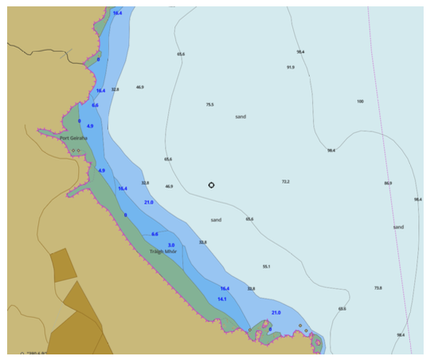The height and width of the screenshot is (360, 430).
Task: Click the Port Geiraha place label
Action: coord(73,137)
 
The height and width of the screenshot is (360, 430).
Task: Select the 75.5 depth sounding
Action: coord(209,104)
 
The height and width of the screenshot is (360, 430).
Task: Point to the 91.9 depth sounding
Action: coord(291,68)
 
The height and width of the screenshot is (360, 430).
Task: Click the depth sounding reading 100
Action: coord(360,101)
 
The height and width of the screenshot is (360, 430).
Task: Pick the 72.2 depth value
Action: coord(285,182)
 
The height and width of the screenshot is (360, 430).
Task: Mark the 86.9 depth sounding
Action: coord(388,183)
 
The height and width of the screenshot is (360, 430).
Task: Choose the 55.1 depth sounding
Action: coord(267,266)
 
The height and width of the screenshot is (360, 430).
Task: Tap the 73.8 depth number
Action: coord(377,288)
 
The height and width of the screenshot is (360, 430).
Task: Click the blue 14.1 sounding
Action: coord(222,299)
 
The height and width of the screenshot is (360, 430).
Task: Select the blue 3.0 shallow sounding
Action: coord(171,245)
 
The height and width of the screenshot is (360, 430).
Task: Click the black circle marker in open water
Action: coord(211,186)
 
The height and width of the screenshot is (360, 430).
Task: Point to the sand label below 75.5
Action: coord(240,116)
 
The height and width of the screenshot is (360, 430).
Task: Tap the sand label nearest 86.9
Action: coord(398,227)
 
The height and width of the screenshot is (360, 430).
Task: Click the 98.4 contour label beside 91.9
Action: coord(300,52)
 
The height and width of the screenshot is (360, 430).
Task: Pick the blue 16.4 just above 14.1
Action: coord(225,288)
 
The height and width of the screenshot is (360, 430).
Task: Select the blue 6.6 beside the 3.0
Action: coord(154,234)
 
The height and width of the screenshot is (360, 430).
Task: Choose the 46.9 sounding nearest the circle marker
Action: coord(169,186)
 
